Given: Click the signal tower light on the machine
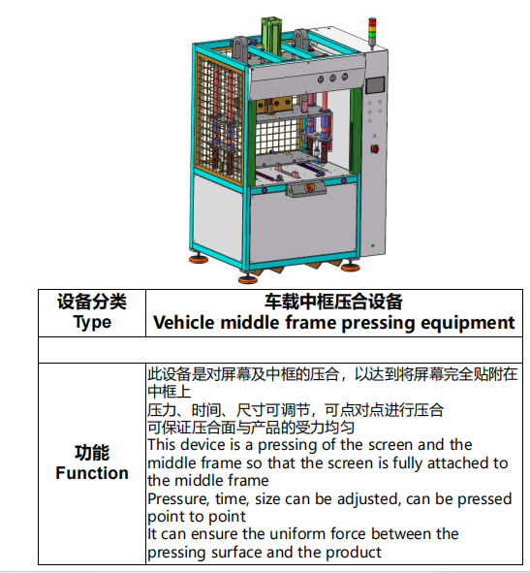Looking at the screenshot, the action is [x=372, y=32].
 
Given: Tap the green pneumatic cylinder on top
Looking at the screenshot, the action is [x=272, y=36].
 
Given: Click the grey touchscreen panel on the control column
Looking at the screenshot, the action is [x=376, y=85].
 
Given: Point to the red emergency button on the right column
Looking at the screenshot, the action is [x=375, y=149].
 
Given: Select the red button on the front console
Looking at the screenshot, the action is [x=310, y=187].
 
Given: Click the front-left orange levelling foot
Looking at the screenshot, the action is [x=248, y=279].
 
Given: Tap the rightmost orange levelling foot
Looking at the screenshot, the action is [x=351, y=268].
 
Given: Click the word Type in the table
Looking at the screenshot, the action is [x=92, y=323].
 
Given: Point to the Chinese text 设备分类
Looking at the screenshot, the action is [x=92, y=302].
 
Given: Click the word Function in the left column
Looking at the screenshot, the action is [x=92, y=473].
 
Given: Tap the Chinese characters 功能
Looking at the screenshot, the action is [x=92, y=453].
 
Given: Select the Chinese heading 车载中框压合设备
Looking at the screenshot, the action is [x=333, y=302].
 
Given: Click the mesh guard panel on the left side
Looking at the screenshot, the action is [x=220, y=118].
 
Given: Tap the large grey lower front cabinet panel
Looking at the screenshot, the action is [x=303, y=226].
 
